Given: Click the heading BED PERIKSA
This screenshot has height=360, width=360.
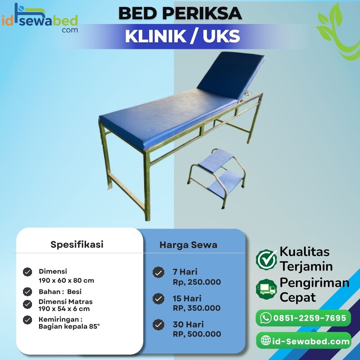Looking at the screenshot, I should click(x=180, y=14).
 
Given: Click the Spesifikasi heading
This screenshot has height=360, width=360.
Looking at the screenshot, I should click(x=77, y=244).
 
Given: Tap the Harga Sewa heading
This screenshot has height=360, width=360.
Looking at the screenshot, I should click(x=188, y=245).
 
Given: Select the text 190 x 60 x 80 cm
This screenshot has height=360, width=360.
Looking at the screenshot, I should click(x=66, y=280).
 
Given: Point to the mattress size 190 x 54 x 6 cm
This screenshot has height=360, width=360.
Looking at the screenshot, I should click(x=64, y=309).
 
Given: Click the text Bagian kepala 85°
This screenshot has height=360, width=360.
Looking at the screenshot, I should click(x=69, y=326).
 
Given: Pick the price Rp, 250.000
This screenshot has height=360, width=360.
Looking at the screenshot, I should click(x=197, y=282).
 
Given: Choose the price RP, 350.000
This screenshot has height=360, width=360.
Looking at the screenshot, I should click(x=197, y=308).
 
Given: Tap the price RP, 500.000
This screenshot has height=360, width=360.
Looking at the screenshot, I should click(x=197, y=334).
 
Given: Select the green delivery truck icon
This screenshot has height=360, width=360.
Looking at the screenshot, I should click(x=266, y=289).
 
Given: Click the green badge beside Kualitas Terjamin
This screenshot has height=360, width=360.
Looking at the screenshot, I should click(x=266, y=259).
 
